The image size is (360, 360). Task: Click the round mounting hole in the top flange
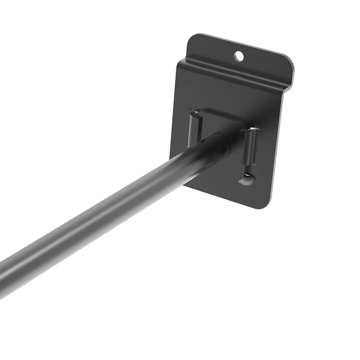point(239,57)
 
